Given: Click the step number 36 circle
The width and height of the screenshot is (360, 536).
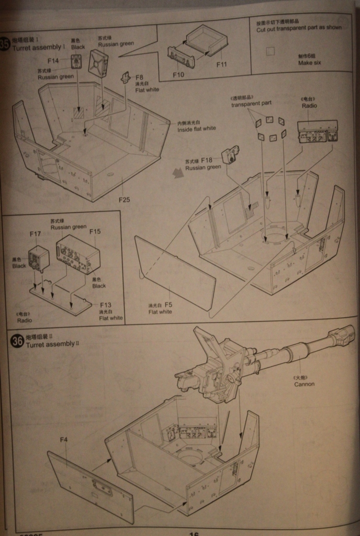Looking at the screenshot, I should pyautogui.click(x=18, y=341).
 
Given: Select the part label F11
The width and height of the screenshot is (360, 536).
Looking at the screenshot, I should pyautogui.click(x=221, y=65).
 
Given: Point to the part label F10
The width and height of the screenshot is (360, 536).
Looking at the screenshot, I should pyautogui.click(x=178, y=74).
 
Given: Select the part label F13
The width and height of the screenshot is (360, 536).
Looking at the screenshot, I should pyautogui.click(x=105, y=305).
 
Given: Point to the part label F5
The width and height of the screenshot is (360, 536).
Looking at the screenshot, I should pyautogui.click(x=168, y=304).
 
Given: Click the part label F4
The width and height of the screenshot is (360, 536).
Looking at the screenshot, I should pyautogui.click(x=64, y=440).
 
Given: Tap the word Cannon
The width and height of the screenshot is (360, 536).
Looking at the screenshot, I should pyautogui.click(x=304, y=384).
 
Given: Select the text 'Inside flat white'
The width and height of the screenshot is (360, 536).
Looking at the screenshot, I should pyautogui.click(x=196, y=128).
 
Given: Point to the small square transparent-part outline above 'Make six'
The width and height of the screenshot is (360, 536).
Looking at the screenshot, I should pyautogui.click(x=270, y=51).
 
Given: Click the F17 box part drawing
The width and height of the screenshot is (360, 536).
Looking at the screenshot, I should pyautogui.click(x=39, y=258).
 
